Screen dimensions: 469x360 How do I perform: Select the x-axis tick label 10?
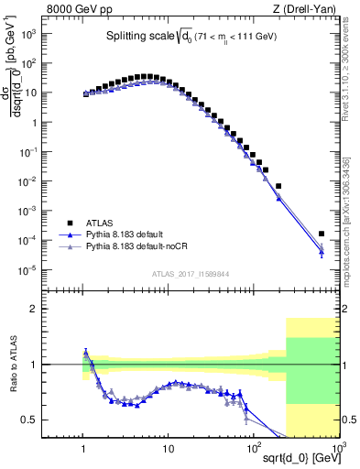click(x=169, y=451)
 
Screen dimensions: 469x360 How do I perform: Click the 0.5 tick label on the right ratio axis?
click(x=348, y=420)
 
